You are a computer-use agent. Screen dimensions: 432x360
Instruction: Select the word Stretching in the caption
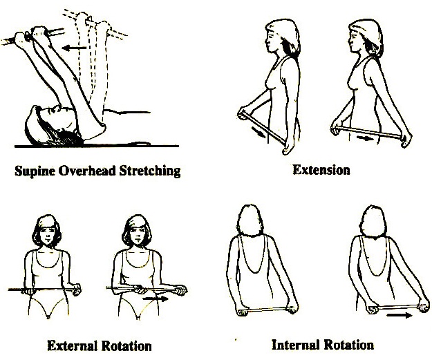[x=150, y=171]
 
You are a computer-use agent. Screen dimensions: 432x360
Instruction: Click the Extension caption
[x=321, y=170]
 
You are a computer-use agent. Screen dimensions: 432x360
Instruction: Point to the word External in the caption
[x=73, y=346]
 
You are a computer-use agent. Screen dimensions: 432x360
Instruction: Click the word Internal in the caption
[x=295, y=345]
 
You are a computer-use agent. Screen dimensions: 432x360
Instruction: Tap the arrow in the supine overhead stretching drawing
[x=74, y=48]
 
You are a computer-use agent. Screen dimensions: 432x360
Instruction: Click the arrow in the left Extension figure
[x=259, y=132]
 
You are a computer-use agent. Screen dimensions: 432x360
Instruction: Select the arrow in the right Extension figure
[x=365, y=138]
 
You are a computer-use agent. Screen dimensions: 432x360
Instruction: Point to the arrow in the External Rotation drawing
[x=156, y=299]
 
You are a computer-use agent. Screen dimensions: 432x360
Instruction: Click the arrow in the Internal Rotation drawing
[x=400, y=315]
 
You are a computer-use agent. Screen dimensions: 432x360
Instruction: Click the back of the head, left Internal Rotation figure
[x=250, y=220]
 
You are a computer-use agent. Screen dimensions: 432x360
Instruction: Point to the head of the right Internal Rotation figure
[x=373, y=221]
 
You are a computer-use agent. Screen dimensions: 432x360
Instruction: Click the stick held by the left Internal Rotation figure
[x=267, y=310]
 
